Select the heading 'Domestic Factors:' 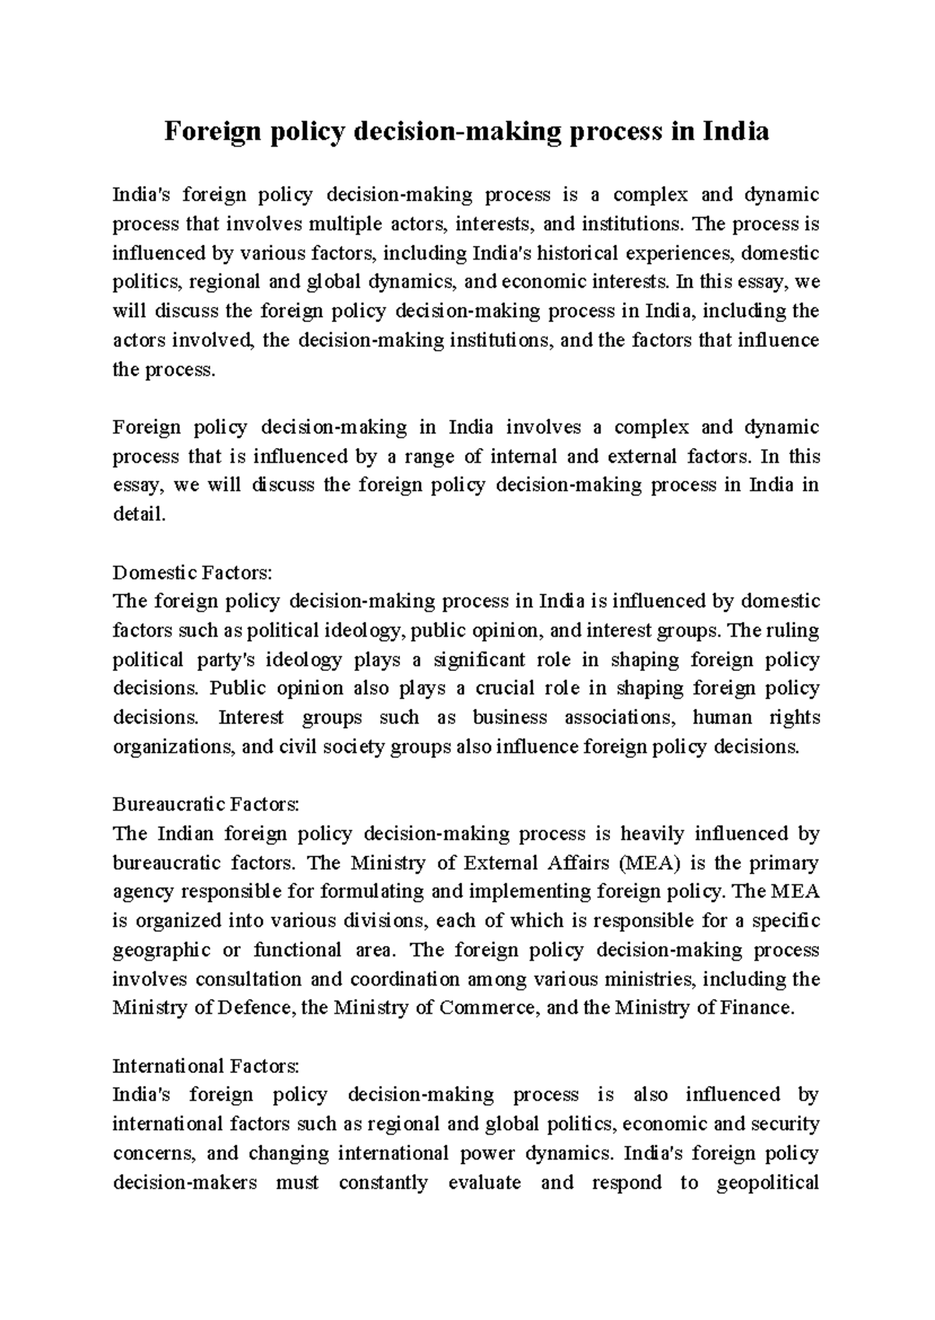(192, 573)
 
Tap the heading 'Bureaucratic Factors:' (206, 804)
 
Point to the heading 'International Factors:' (206, 1065)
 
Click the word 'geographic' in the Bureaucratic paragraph (161, 950)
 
